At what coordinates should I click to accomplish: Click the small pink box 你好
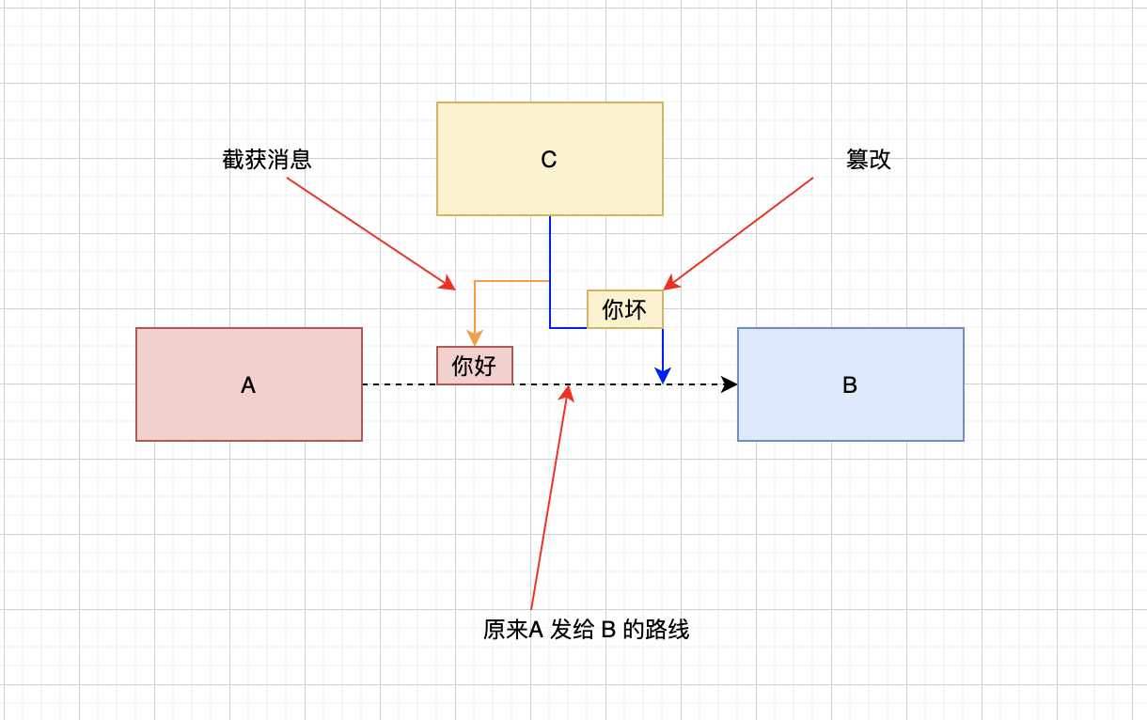475,366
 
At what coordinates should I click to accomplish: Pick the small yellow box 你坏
625,309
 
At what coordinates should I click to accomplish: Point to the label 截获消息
267,160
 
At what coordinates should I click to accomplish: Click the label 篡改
869,160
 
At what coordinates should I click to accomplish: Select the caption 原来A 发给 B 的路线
587,630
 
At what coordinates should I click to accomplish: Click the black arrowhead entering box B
730,384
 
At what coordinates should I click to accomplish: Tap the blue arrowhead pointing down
663,376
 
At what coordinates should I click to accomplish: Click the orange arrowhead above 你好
475,338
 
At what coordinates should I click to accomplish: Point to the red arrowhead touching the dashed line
567,393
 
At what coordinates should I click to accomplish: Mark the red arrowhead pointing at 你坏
670,283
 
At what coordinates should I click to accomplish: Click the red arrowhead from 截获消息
448,284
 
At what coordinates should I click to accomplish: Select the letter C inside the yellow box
549,160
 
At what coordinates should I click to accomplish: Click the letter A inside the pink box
248,385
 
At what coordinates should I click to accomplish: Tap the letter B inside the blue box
850,385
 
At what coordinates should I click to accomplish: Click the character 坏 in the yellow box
636,309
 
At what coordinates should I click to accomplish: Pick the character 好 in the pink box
486,366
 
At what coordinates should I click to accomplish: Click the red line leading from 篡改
743,230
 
